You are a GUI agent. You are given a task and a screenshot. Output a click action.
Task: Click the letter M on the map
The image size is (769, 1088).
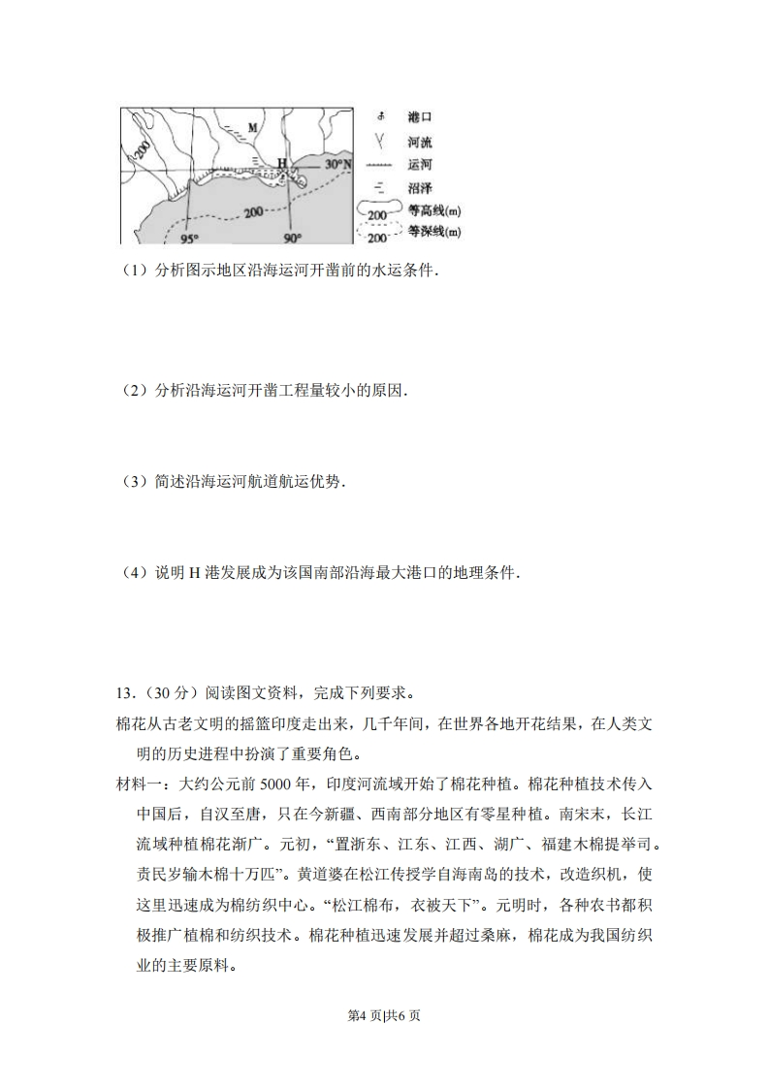pos(252,127)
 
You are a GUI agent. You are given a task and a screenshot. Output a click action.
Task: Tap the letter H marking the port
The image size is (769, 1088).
pos(282,163)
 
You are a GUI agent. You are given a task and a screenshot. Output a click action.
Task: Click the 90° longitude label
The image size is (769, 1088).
pos(293,237)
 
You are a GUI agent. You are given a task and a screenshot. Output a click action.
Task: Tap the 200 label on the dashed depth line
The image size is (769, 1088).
pos(256,212)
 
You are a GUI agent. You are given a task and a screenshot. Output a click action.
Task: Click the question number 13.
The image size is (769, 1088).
pos(124,693)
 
